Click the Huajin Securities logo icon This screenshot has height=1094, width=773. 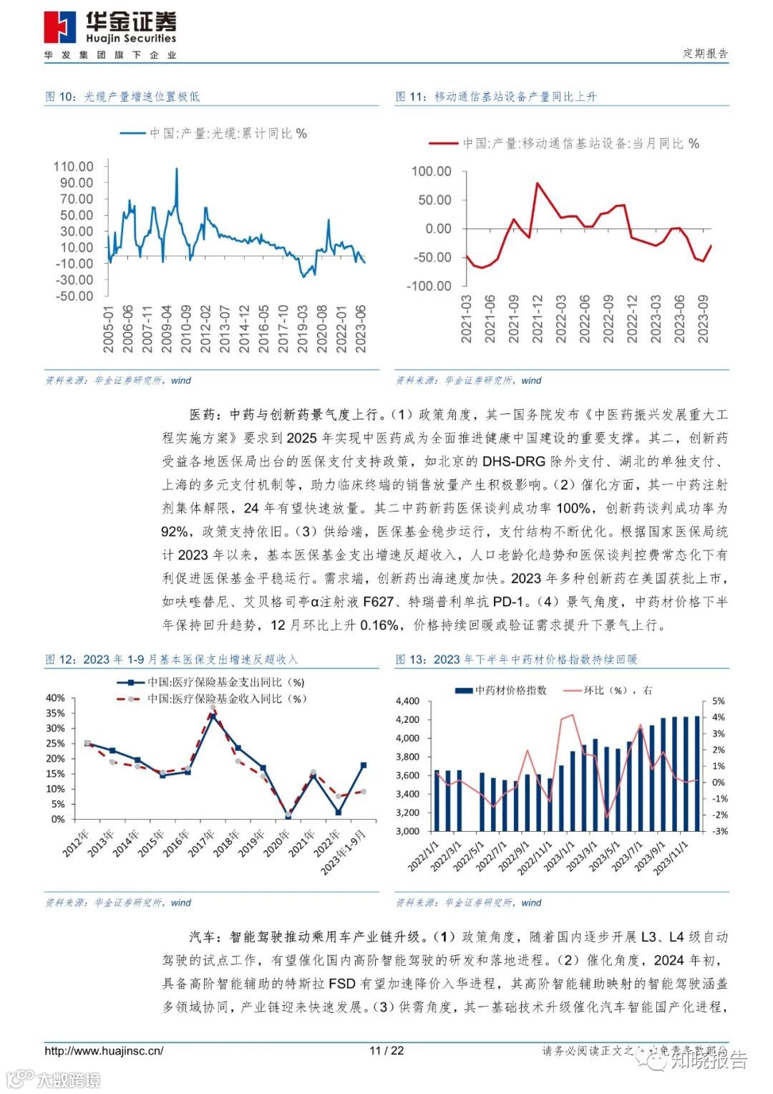tap(59, 28)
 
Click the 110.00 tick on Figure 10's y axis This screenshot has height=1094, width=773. tap(73, 166)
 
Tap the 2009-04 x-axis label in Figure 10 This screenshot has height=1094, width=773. tap(167, 329)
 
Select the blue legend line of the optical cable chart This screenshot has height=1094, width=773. tap(132, 133)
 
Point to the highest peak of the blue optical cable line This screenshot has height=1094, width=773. tap(177, 169)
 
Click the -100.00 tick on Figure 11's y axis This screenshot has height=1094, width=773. tap(429, 286)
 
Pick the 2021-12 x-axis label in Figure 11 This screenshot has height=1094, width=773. tap(538, 319)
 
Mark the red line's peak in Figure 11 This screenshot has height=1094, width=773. tap(538, 183)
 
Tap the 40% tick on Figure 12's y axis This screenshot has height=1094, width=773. tap(55, 698)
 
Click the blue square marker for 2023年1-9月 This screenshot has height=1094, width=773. tap(364, 765)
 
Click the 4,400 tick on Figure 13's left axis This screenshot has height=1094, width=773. tap(407, 701)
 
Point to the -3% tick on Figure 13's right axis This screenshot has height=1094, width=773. tap(719, 831)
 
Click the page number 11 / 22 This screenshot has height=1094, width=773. tap(386, 1051)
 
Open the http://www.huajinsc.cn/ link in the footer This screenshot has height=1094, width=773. tap(104, 1051)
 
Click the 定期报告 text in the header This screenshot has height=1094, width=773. tap(705, 54)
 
